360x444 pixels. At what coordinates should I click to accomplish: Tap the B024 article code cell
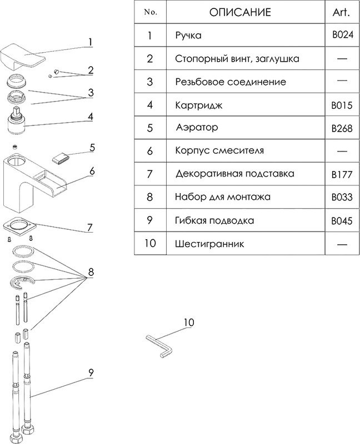click(x=341, y=35)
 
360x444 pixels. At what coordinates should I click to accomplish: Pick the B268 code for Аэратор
click(x=341, y=128)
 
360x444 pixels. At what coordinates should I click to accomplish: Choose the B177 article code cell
click(x=341, y=174)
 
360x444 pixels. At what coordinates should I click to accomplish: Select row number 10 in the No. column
click(x=150, y=244)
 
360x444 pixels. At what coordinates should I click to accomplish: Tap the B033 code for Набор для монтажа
click(x=341, y=197)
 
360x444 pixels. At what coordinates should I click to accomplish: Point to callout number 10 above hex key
click(x=189, y=322)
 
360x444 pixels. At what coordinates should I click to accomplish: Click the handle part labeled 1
click(x=22, y=56)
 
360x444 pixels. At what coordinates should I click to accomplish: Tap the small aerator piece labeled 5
click(x=59, y=158)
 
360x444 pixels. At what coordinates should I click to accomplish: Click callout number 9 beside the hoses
click(x=90, y=374)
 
